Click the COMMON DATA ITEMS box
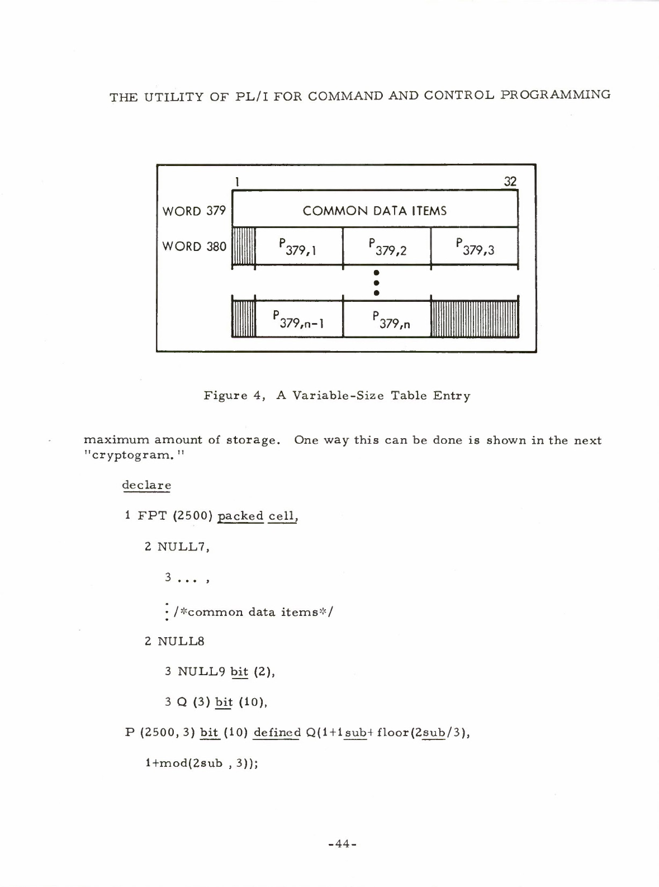374,210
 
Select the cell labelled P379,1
298,246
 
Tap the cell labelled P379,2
387,246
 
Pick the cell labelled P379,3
475,246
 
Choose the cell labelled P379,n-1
298,319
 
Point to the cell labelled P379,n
387,319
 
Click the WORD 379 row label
193,211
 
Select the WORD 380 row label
193,246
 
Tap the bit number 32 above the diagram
510,181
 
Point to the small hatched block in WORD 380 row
244,246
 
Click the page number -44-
342,843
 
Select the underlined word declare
146,485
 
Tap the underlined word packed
240,515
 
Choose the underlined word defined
277,732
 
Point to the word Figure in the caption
225,396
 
